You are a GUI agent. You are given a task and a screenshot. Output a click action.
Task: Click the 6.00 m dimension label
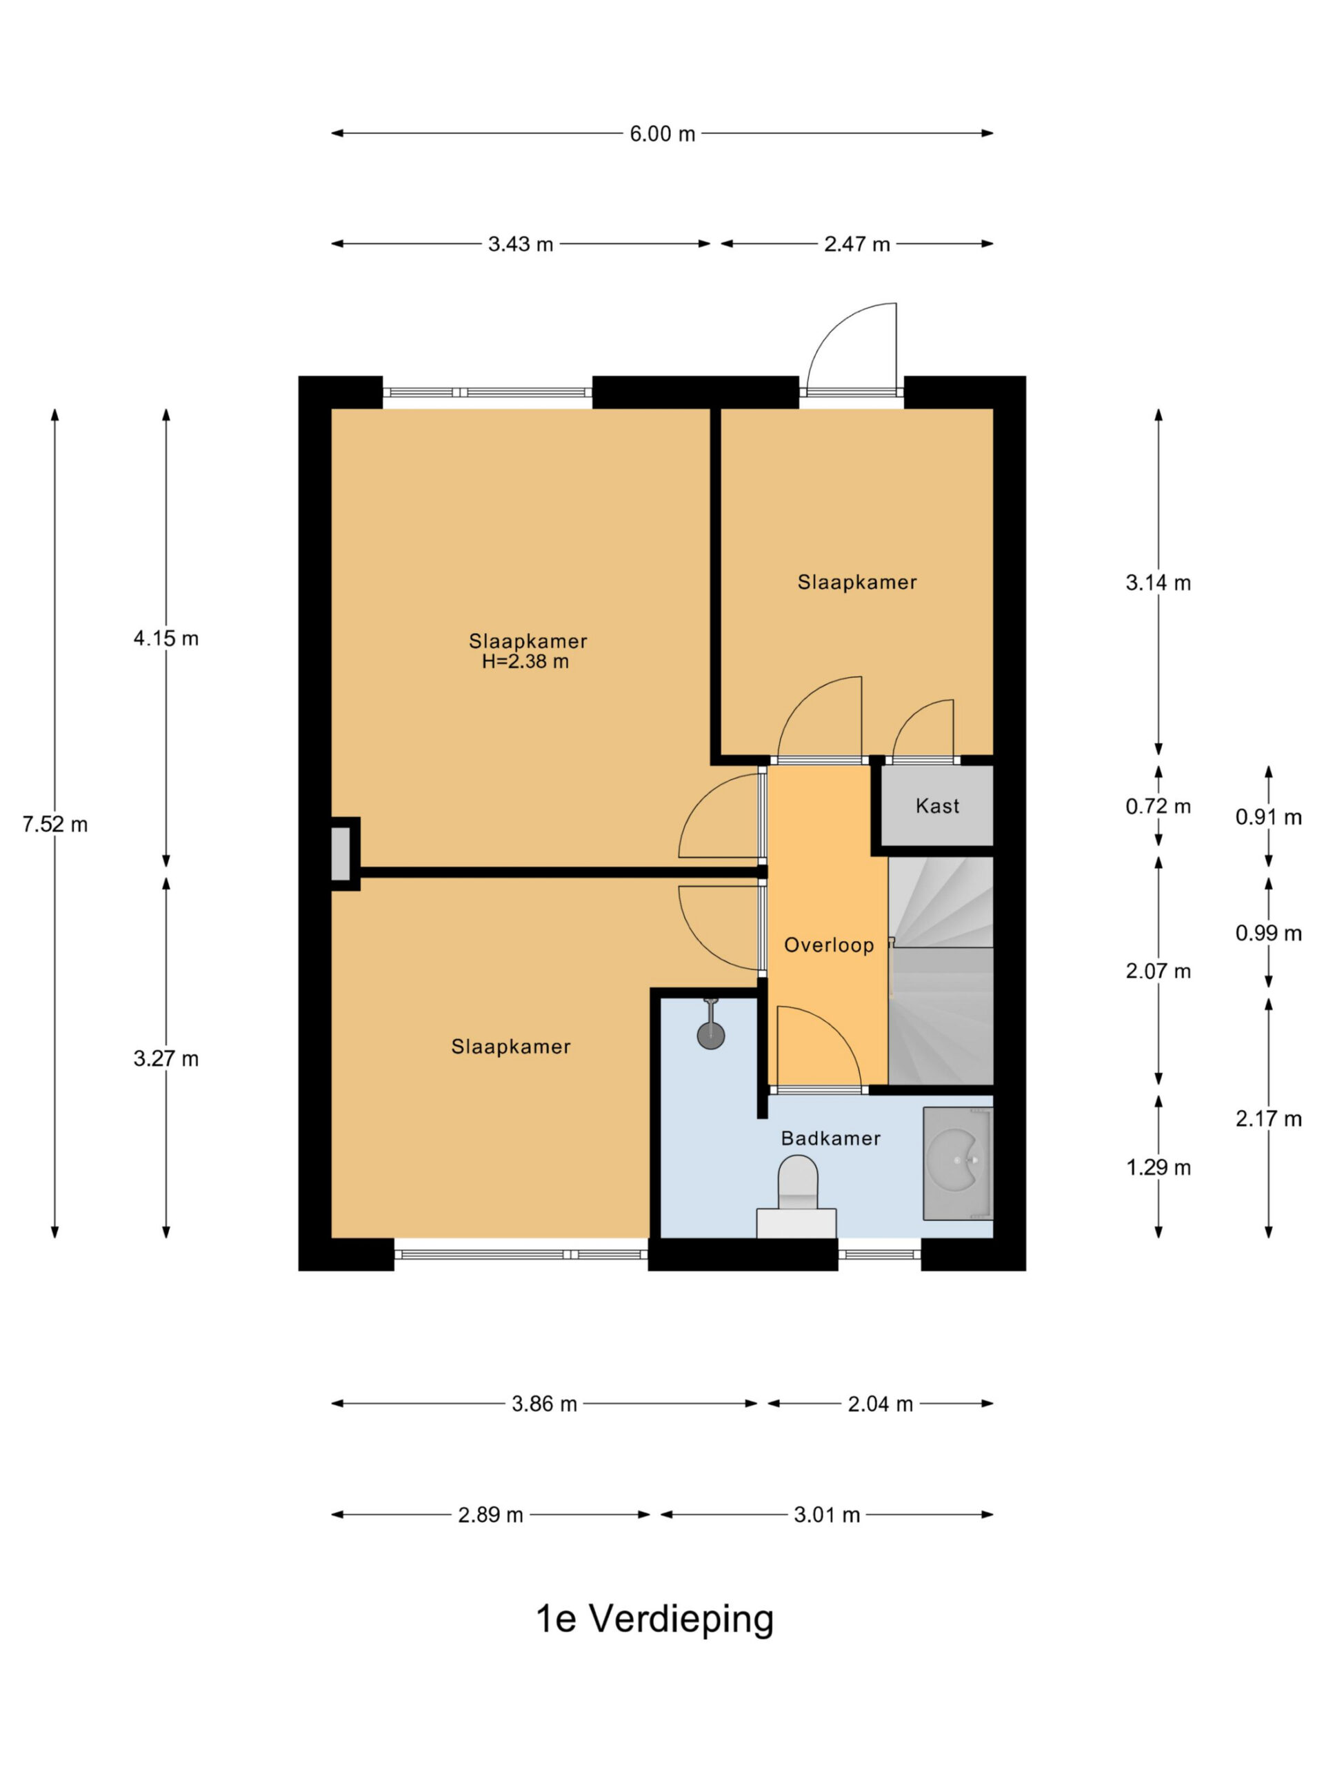(661, 134)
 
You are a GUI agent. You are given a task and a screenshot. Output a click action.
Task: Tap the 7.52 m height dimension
(55, 825)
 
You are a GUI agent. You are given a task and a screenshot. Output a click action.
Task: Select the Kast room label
(937, 806)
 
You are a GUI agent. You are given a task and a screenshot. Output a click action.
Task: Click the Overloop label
(828, 945)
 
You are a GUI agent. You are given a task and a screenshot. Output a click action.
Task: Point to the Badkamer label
(830, 1139)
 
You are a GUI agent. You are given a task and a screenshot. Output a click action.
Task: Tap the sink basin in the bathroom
(958, 1162)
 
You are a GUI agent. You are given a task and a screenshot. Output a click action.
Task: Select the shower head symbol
(710, 1025)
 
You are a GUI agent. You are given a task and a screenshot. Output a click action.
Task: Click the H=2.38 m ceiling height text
(525, 661)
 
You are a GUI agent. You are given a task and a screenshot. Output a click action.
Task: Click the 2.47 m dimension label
(856, 244)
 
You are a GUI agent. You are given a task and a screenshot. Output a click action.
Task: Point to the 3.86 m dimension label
(544, 1404)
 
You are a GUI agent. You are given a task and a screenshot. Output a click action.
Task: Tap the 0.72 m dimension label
(1158, 807)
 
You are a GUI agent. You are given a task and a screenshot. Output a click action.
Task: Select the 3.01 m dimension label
(827, 1515)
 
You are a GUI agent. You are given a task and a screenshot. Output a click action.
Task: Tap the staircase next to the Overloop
(941, 970)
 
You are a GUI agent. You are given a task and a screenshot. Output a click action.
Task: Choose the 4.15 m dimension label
(166, 638)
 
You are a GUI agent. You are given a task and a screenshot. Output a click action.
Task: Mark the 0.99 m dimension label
(1268, 933)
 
